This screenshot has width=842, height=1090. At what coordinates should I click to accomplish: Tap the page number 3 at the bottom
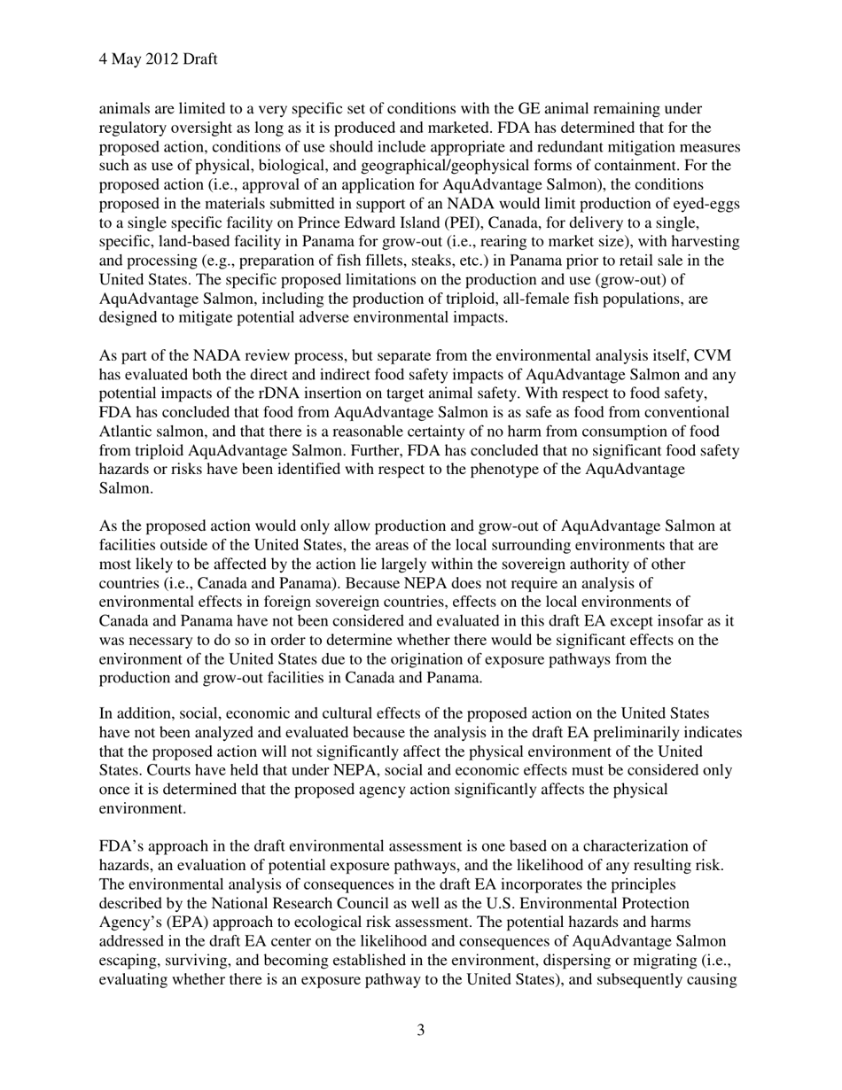coord(420,1030)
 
